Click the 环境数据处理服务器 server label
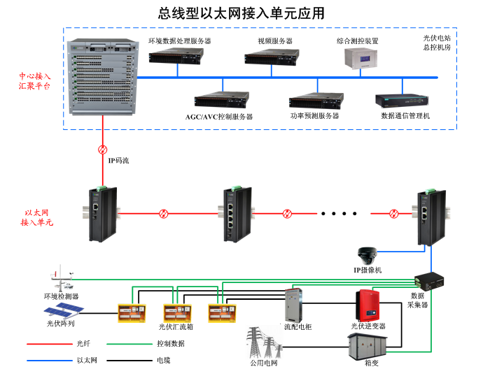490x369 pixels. pos(180,41)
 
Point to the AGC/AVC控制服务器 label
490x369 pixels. pos(219,116)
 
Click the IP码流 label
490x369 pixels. pos(118,160)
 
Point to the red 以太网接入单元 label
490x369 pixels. pos(36,217)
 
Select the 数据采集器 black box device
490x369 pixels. pos(428,280)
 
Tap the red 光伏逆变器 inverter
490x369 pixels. pos(369,303)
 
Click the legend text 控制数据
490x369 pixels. pos(170,344)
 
